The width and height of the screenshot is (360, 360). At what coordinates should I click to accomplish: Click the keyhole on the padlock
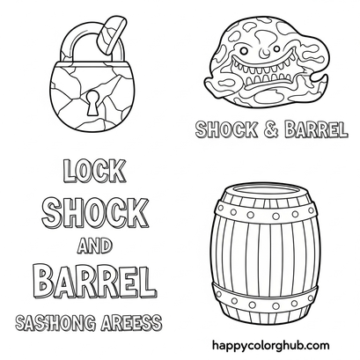click(x=93, y=102)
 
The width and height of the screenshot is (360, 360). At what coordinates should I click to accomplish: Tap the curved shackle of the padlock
click(x=68, y=44)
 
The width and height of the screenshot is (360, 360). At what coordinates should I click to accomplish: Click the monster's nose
click(x=265, y=53)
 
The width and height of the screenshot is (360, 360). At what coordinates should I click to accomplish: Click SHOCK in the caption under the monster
click(x=227, y=129)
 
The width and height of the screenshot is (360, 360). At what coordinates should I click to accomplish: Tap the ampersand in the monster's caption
click(x=270, y=129)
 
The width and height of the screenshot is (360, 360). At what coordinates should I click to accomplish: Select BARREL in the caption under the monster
click(x=316, y=129)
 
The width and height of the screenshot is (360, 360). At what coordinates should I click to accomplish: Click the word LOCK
click(x=94, y=171)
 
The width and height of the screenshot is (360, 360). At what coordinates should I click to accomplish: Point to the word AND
click(x=94, y=246)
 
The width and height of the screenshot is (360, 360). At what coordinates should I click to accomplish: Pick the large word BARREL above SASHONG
click(x=95, y=281)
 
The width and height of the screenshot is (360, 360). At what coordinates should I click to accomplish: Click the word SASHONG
click(x=55, y=322)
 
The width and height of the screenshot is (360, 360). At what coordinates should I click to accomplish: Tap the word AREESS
click(x=131, y=322)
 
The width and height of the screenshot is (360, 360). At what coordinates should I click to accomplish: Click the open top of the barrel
click(x=264, y=191)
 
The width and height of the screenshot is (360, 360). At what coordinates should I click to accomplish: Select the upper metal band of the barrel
click(x=265, y=213)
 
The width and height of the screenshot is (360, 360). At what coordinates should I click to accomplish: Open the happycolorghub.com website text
click(x=270, y=345)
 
